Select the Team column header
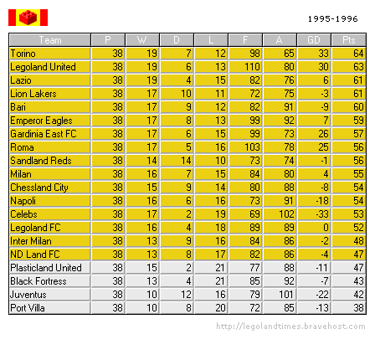(49, 39)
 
